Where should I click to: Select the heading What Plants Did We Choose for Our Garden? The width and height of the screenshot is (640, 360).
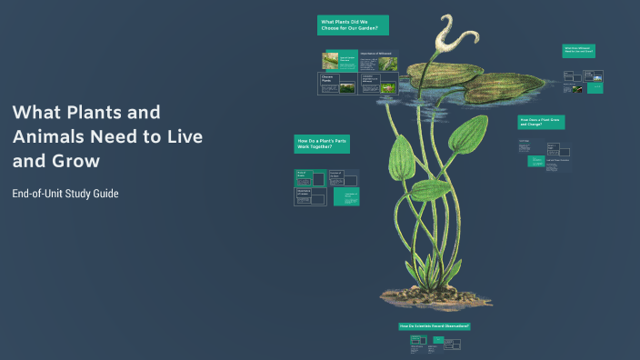tap(353, 25)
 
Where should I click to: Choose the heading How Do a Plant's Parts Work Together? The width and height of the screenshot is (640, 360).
tap(321, 144)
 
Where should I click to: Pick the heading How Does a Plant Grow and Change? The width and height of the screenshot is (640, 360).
tap(541, 122)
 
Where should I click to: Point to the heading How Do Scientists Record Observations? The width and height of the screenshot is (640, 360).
tap(434, 325)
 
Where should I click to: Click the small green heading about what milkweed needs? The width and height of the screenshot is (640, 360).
tap(578, 51)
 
